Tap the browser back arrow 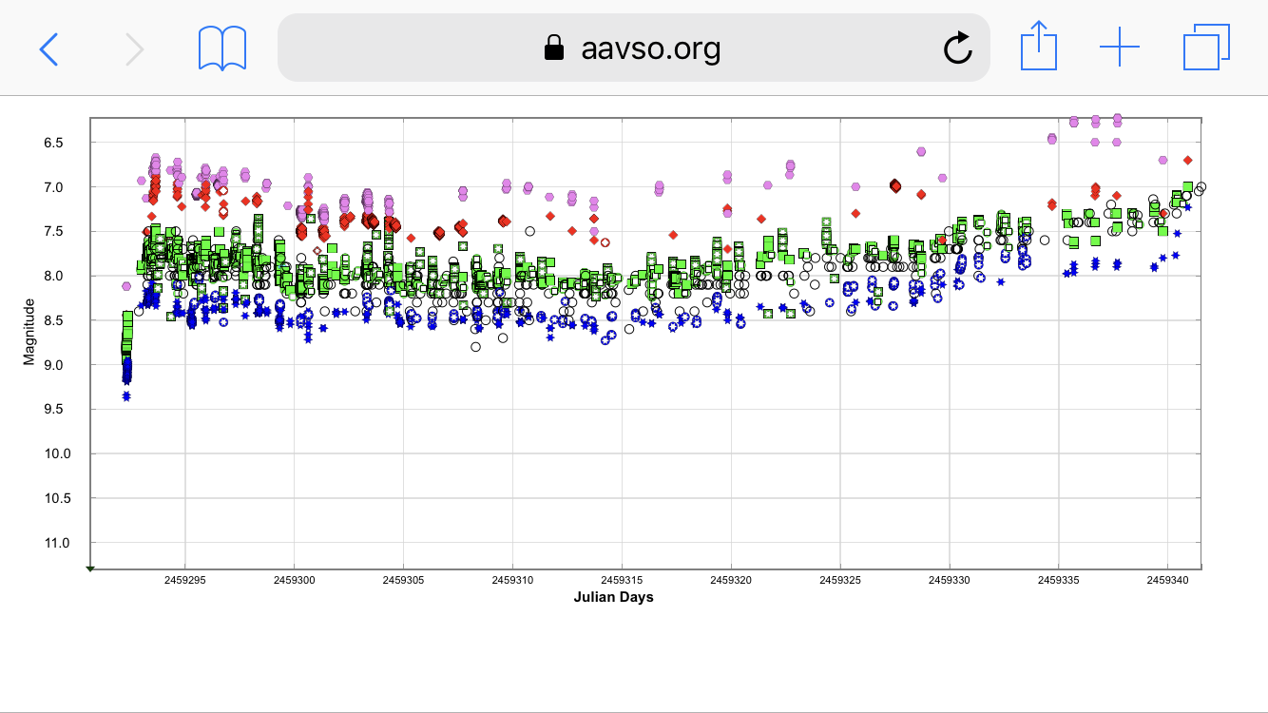[48, 48]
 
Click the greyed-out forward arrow [135, 48]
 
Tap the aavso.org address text [650, 48]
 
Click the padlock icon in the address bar [553, 48]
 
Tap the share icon [1038, 47]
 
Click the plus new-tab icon [1120, 48]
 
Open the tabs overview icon [1206, 48]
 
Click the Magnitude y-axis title [29, 331]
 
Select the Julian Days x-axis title [613, 597]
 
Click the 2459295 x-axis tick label [185, 579]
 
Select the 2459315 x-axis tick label [623, 579]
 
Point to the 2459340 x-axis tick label [1168, 579]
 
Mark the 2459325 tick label [841, 579]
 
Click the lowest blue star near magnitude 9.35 [126, 395]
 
